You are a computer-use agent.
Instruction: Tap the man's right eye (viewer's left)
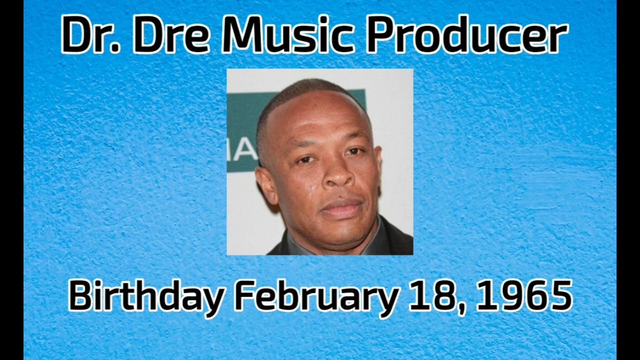tap(305, 160)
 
